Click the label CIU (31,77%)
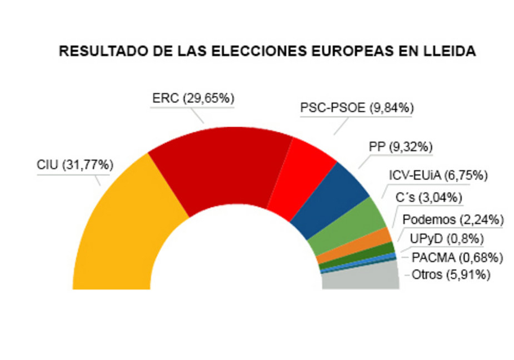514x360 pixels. (76, 165)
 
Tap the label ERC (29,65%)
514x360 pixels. (193, 98)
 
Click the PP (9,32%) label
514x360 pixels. (400, 147)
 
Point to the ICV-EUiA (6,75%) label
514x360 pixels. (438, 176)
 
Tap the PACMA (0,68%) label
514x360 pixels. (457, 257)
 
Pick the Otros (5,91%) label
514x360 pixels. (451, 274)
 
